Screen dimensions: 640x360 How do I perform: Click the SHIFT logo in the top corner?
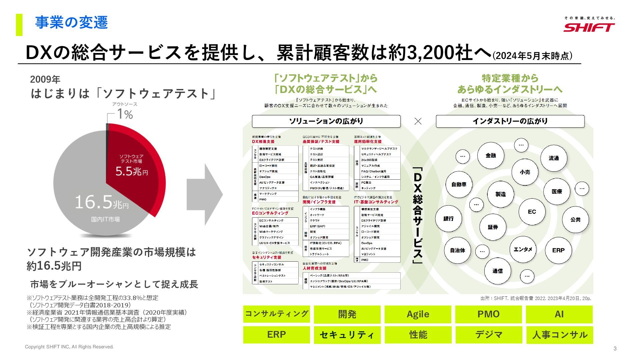point(589,27)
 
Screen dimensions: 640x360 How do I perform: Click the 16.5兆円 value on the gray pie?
point(101,202)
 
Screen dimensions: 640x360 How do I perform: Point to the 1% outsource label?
point(125,114)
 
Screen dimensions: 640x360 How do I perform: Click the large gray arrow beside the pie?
point(204,194)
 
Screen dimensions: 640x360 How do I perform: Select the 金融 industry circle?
point(490,155)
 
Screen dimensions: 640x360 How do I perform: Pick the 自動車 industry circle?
point(459,184)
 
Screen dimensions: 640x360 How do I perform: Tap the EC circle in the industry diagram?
point(532,212)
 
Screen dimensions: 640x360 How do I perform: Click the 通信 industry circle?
point(497,271)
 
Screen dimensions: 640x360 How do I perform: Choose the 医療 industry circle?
point(557,191)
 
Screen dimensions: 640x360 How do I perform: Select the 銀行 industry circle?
point(448,219)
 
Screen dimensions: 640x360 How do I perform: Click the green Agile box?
point(418,314)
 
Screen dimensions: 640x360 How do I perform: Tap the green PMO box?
point(488,314)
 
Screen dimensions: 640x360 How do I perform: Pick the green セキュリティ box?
point(347,335)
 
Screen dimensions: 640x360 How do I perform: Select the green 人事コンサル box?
point(559,335)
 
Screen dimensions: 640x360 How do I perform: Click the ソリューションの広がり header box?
point(326,121)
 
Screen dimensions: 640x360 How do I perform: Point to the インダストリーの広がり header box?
point(510,121)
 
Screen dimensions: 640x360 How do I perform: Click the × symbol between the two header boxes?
point(418,121)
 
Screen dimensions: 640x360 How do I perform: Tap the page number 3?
point(615,348)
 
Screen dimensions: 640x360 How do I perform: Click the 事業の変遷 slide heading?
point(72,23)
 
